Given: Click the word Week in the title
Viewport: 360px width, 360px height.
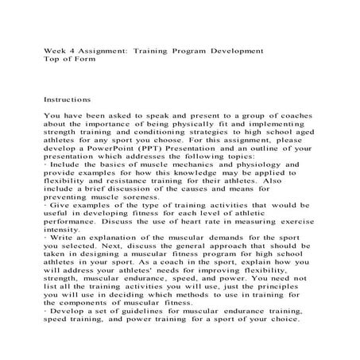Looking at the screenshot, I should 53,51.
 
